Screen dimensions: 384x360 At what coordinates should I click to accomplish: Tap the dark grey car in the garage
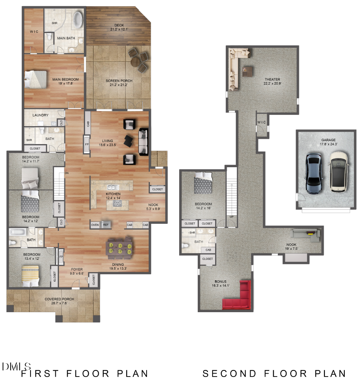coord(313,173)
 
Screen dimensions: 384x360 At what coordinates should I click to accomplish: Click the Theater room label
coord(272,80)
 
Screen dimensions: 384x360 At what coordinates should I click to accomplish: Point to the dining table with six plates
coord(120,247)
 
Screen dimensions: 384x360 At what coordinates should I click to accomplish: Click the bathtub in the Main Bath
coord(78,19)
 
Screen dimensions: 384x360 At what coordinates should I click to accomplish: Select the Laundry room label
coord(40,115)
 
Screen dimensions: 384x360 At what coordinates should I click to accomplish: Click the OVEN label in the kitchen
coord(95,225)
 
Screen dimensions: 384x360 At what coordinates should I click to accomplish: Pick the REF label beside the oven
coord(106,225)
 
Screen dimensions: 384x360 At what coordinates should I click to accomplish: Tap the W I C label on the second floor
coord(262,122)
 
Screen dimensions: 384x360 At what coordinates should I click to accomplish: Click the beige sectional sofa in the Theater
coord(235,66)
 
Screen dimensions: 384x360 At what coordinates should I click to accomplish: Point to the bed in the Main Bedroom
coord(36,79)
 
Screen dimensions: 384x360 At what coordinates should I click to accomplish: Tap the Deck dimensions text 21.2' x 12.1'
coord(120,30)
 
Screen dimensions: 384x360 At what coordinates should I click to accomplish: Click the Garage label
coord(328,140)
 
